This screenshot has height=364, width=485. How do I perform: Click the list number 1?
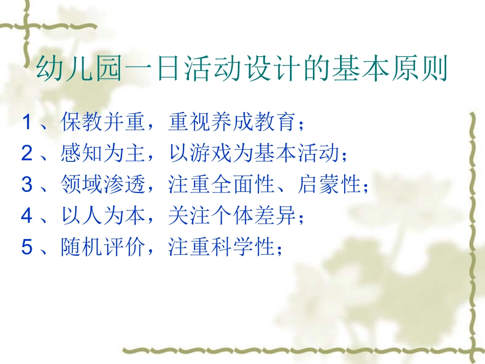coord(27,122)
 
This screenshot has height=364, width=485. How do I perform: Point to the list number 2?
coord(27,154)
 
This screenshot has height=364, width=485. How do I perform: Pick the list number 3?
coord(27,185)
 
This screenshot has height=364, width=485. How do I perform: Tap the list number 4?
coord(27,216)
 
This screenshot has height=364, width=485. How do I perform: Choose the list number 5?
coord(27,248)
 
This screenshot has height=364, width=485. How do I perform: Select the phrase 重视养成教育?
coord(232,122)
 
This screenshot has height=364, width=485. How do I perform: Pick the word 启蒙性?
coord(329,185)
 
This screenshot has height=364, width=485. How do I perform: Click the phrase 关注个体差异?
coord(232,216)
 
